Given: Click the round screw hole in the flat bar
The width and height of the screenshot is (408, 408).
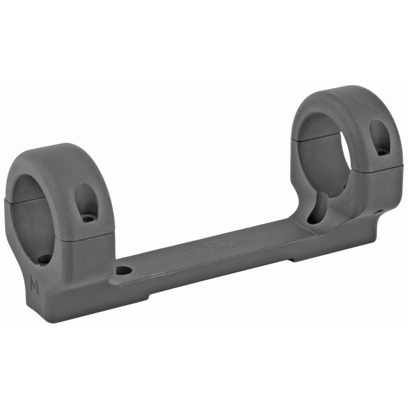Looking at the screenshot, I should (123, 272).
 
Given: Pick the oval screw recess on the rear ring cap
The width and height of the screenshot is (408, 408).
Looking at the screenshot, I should (380, 138).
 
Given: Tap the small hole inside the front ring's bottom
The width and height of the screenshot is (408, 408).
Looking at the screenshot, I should (44, 258).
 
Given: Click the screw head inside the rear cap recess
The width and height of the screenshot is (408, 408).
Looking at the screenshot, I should (380, 151).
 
